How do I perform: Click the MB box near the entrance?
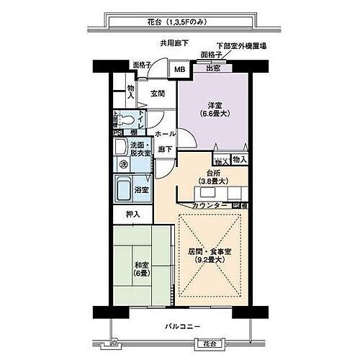click(x=179, y=70)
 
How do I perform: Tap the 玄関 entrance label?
click(x=158, y=93)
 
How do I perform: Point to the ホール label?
click(x=165, y=134)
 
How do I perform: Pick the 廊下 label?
click(x=164, y=149)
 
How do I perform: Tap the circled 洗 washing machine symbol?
click(x=122, y=164)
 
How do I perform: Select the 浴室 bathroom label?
click(x=141, y=190)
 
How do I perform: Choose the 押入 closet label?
click(x=133, y=214)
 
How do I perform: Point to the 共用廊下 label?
click(x=174, y=44)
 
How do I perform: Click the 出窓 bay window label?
click(x=213, y=69)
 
